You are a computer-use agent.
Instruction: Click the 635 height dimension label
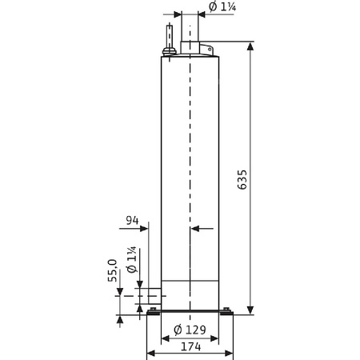pos(243,181)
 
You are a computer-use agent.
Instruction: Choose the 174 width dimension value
pos(190,347)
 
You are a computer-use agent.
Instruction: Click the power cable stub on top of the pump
pos(169,37)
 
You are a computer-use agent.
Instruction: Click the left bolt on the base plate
pos(154,310)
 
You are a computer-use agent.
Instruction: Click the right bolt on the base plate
pos(226,310)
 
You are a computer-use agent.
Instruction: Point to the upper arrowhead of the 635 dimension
pos(252,49)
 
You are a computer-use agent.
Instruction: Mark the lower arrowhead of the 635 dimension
pos(252,308)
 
